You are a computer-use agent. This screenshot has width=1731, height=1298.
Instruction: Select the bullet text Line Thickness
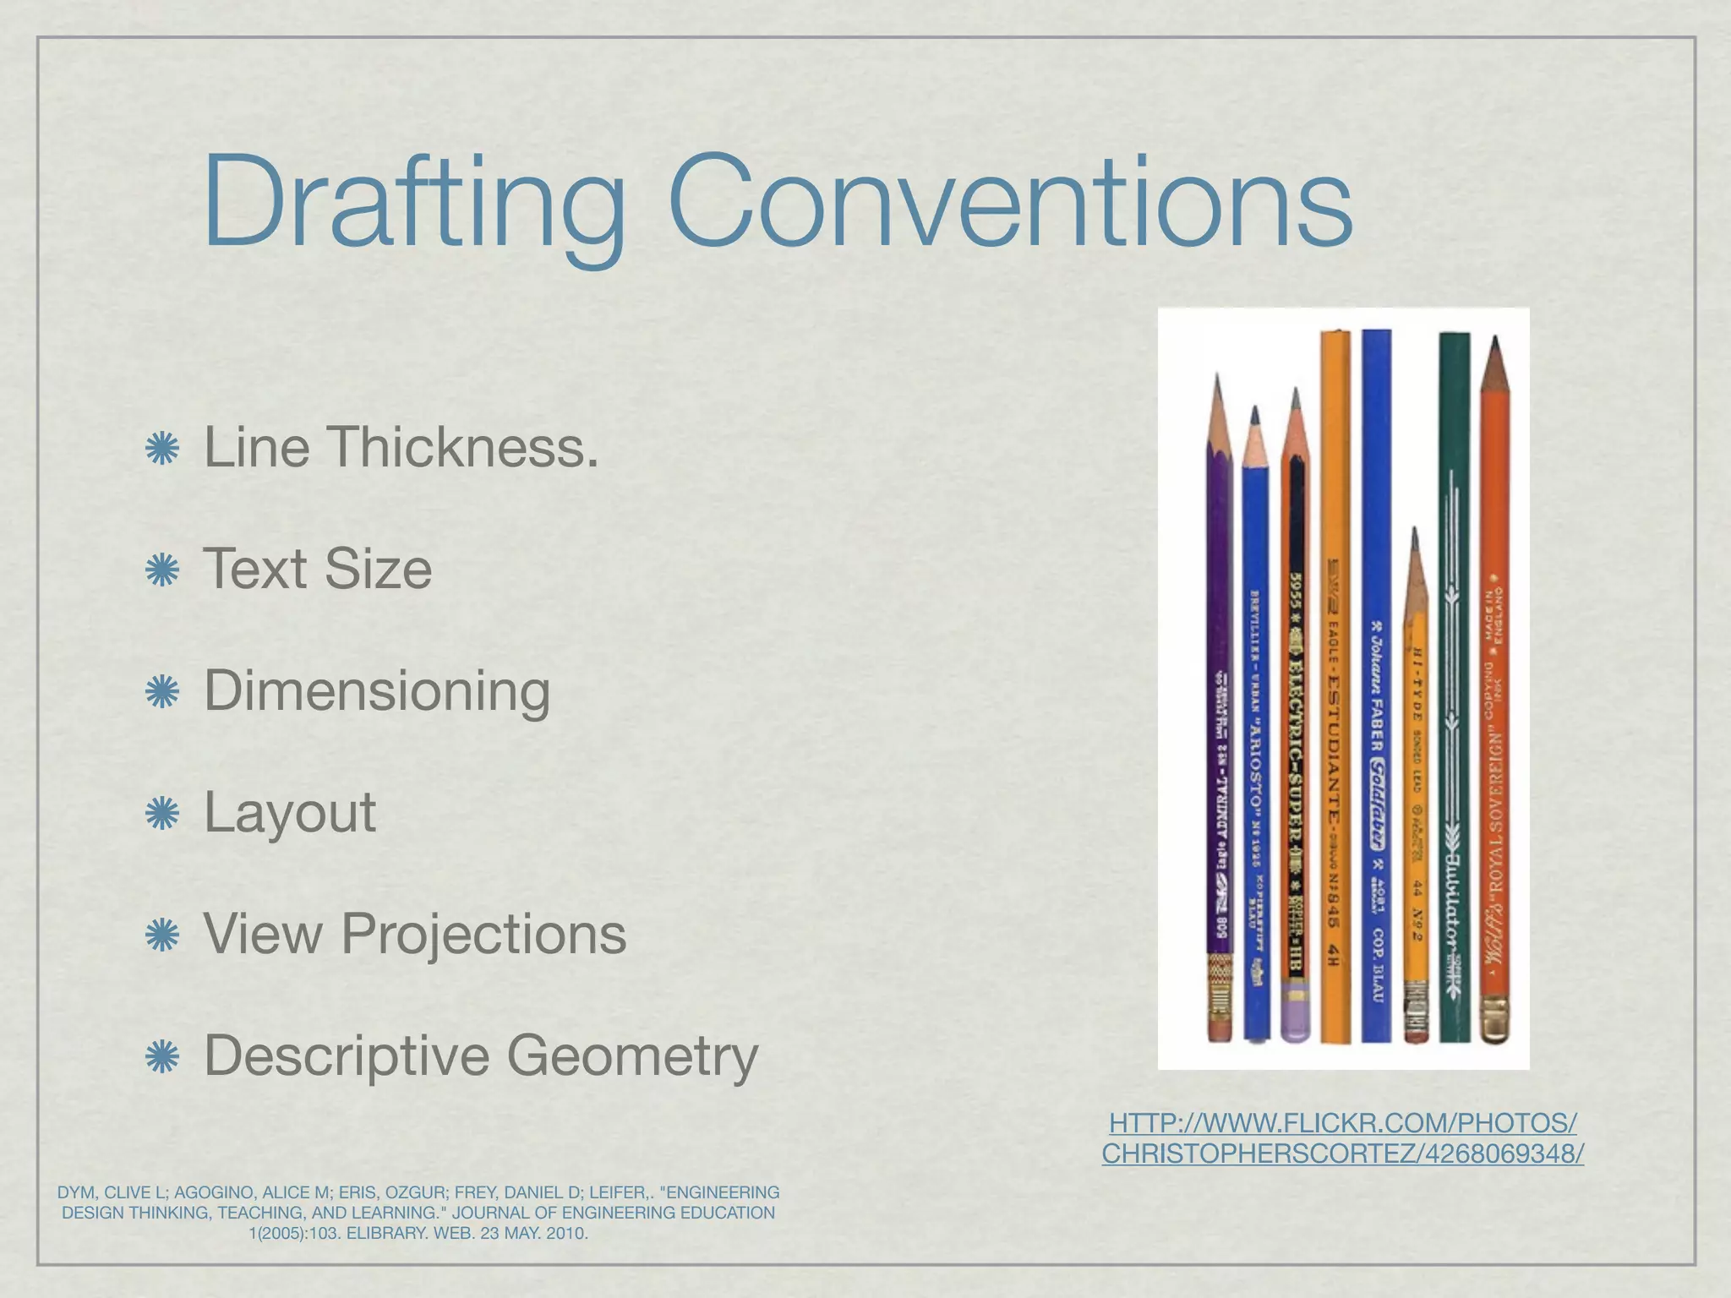(x=401, y=447)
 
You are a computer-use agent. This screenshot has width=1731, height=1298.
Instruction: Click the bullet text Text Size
(x=318, y=569)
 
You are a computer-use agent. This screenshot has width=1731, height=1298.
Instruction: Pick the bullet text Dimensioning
(x=377, y=691)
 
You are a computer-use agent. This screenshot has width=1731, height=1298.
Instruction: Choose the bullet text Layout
(x=290, y=813)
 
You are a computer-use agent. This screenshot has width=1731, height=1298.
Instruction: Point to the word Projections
(x=483, y=935)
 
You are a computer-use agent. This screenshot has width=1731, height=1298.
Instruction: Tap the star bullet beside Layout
(x=162, y=815)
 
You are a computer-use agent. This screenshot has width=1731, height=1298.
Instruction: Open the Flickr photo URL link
(x=1342, y=1137)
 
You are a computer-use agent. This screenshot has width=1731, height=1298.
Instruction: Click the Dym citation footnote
(x=418, y=1212)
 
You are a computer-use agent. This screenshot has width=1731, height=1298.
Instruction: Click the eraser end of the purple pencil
(x=1220, y=1027)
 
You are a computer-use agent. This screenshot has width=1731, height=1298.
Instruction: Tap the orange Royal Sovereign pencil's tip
(x=1495, y=346)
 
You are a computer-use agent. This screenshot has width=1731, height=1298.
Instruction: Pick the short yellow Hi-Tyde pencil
(x=1416, y=803)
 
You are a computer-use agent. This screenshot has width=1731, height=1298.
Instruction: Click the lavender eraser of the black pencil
(x=1294, y=1018)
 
